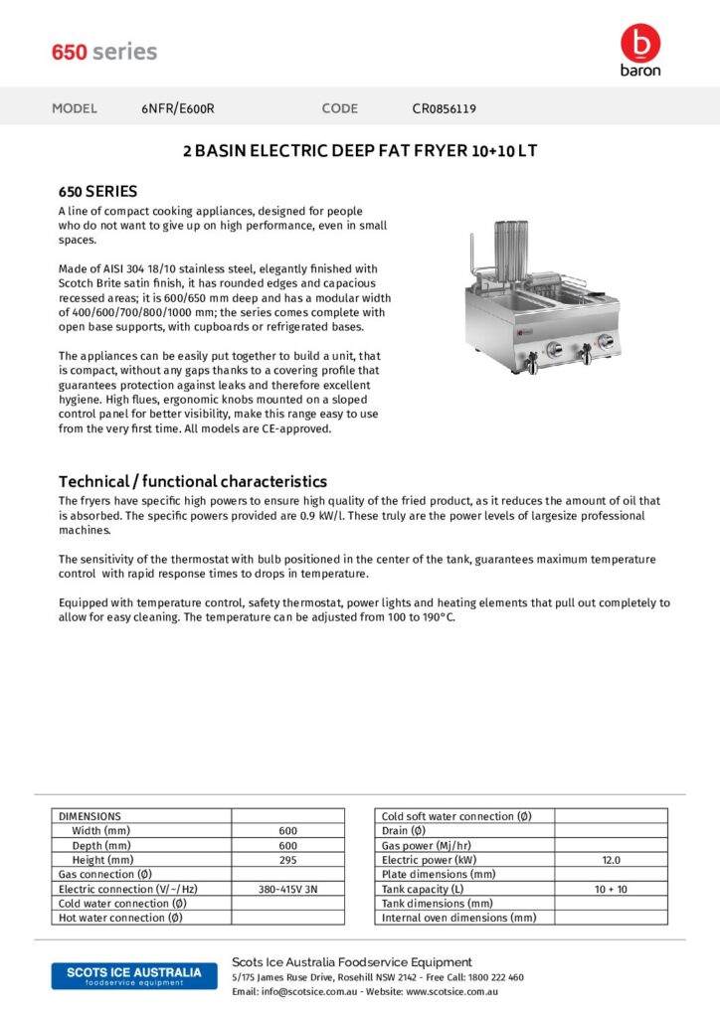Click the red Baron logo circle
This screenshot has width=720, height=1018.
(x=639, y=42)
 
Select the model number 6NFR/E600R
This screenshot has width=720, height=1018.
(x=178, y=108)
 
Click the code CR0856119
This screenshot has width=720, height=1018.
(x=445, y=108)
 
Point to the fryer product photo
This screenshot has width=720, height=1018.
(x=538, y=298)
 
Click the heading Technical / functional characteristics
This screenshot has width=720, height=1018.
(x=193, y=481)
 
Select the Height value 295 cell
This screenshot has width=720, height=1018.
(x=288, y=860)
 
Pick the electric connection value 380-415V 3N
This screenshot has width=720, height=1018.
(x=288, y=889)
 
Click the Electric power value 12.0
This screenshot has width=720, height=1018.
(x=611, y=860)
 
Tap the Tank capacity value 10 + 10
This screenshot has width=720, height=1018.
(x=611, y=889)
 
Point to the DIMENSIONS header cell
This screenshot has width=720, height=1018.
(x=90, y=816)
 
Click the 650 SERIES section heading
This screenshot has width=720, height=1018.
(x=97, y=191)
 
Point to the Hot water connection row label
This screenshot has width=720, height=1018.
(x=120, y=918)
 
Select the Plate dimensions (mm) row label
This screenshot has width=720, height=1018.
(x=439, y=874)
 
